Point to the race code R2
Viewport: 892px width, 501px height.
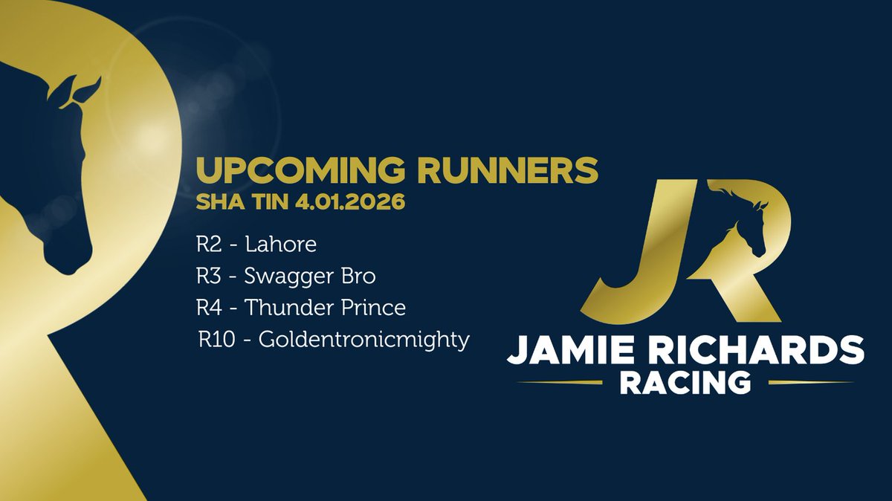209,245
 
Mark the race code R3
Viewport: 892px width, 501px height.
209,277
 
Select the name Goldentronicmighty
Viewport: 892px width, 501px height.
363,340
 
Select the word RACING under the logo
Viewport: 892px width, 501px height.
685,384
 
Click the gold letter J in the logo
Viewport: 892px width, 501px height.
639,253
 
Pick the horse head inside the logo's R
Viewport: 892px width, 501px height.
743,223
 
